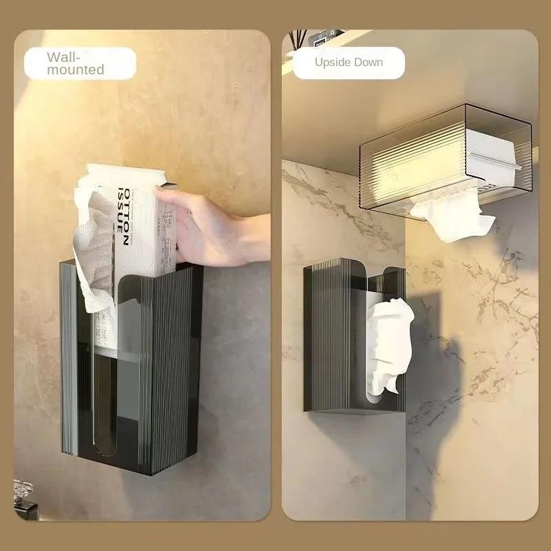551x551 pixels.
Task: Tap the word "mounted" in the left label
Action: (x=75, y=70)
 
